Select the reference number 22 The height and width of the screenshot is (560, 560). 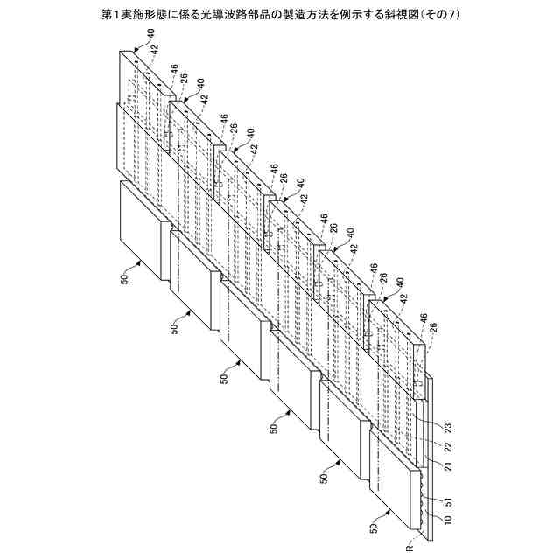tap(448, 447)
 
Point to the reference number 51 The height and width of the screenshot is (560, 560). tap(448, 501)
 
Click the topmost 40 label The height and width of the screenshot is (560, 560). tap(152, 32)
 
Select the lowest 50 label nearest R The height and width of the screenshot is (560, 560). tap(375, 529)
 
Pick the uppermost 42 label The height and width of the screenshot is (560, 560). tap(154, 51)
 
